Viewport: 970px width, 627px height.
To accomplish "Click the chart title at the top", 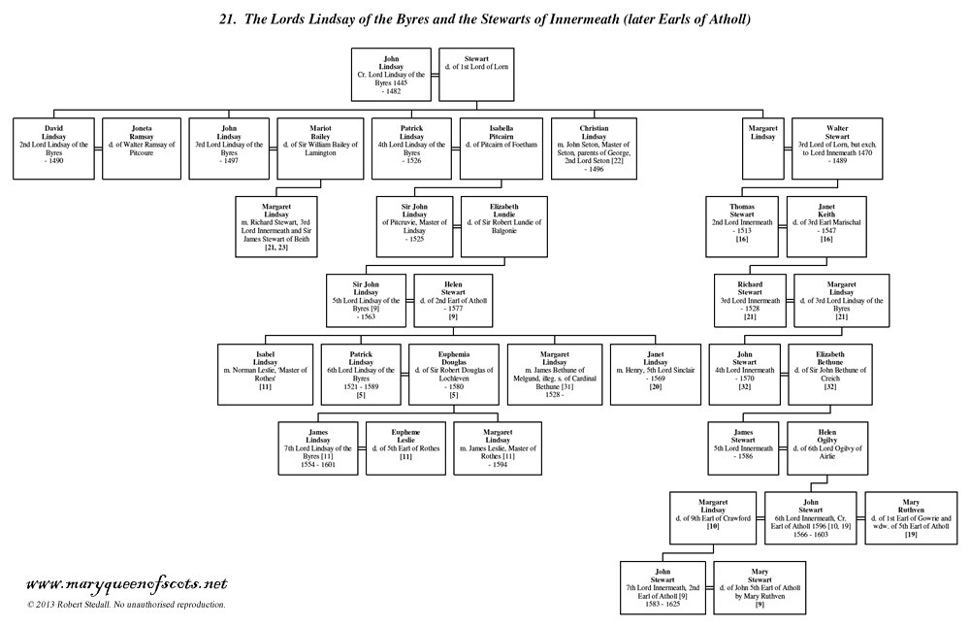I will coord(484,18).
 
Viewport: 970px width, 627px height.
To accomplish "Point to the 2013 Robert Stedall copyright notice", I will coord(126,604).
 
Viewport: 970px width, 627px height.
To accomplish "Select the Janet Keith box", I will coord(827,226).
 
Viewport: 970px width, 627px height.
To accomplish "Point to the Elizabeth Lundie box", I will coord(501,226).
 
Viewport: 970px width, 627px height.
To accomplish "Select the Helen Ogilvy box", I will coord(827,446).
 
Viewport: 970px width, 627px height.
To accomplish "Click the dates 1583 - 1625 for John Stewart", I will coord(665,603).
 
